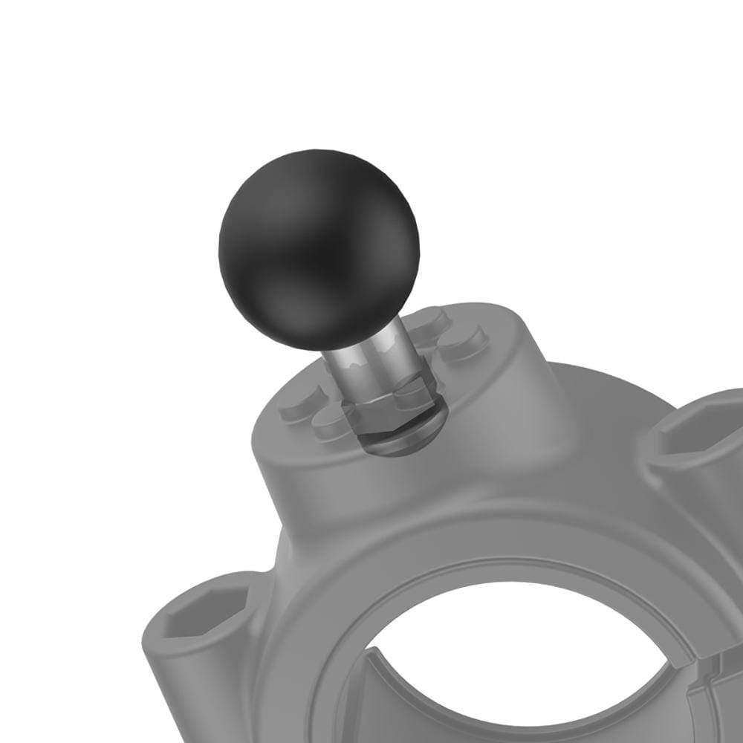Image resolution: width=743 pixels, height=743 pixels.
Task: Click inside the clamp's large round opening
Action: coord(520,654)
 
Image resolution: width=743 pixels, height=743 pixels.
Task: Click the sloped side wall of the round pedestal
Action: coord(334,490)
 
